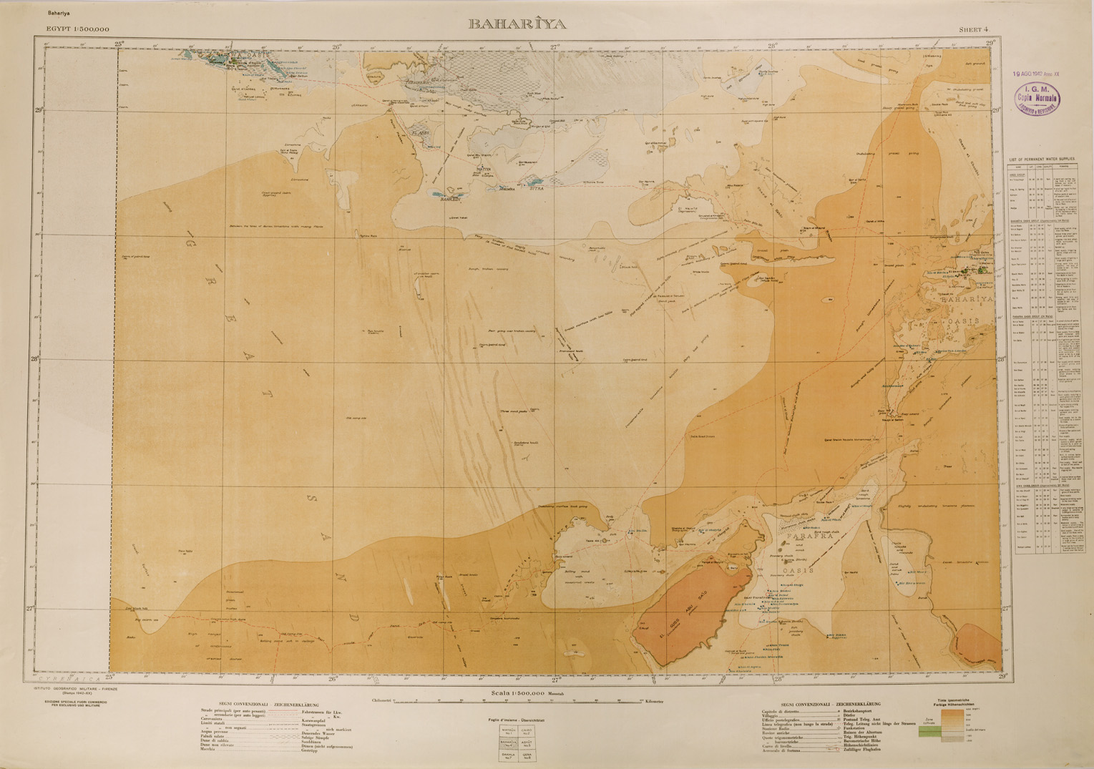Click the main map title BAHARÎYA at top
(517, 24)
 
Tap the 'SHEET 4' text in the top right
(974, 29)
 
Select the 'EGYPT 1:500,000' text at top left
(78, 29)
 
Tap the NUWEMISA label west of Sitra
(506, 189)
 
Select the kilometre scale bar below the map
(519, 702)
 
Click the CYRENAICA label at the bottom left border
(65, 677)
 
